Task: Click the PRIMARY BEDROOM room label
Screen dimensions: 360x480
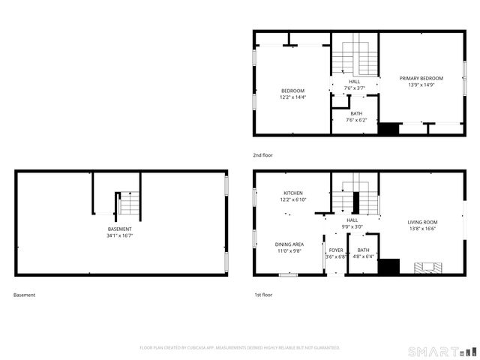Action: point(421,78)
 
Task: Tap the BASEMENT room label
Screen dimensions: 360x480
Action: point(120,229)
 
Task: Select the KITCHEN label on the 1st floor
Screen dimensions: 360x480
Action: point(292,193)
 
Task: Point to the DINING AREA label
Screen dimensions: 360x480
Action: point(289,244)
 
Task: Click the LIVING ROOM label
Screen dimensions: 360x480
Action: point(422,222)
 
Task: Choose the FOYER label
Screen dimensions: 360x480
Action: point(334,250)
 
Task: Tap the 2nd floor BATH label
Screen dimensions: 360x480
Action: point(356,113)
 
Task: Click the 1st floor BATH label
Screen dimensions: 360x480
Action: point(363,250)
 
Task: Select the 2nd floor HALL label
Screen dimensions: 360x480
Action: point(354,82)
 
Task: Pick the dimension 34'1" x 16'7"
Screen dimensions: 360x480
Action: point(120,235)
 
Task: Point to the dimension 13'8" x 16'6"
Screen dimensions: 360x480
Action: point(422,229)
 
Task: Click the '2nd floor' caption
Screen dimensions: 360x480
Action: point(263,154)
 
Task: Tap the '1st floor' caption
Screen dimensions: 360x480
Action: point(262,295)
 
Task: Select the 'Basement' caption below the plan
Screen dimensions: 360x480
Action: point(25,295)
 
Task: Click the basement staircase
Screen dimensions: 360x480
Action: point(129,203)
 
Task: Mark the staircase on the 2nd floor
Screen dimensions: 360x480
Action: point(354,56)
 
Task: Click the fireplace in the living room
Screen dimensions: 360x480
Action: point(429,267)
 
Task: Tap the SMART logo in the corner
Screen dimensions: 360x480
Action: point(441,351)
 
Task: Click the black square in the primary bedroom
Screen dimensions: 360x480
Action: point(388,129)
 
